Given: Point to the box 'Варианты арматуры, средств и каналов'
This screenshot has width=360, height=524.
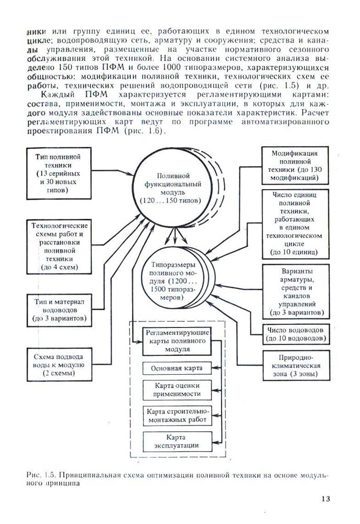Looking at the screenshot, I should pyautogui.click(x=297, y=291).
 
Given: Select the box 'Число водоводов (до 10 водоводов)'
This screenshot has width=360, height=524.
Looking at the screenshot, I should pyautogui.click(x=297, y=334).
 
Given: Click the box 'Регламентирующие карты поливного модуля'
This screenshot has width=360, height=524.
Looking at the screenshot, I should pyautogui.click(x=177, y=341).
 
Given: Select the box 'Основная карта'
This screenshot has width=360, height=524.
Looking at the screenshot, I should pyautogui.click(x=177, y=368).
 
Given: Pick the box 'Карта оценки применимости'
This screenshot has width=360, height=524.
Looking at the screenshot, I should pyautogui.click(x=177, y=390).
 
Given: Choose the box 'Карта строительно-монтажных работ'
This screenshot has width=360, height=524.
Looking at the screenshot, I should pyautogui.click(x=177, y=415).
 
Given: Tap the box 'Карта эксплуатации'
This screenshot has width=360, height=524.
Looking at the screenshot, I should pyautogui.click(x=177, y=441).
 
